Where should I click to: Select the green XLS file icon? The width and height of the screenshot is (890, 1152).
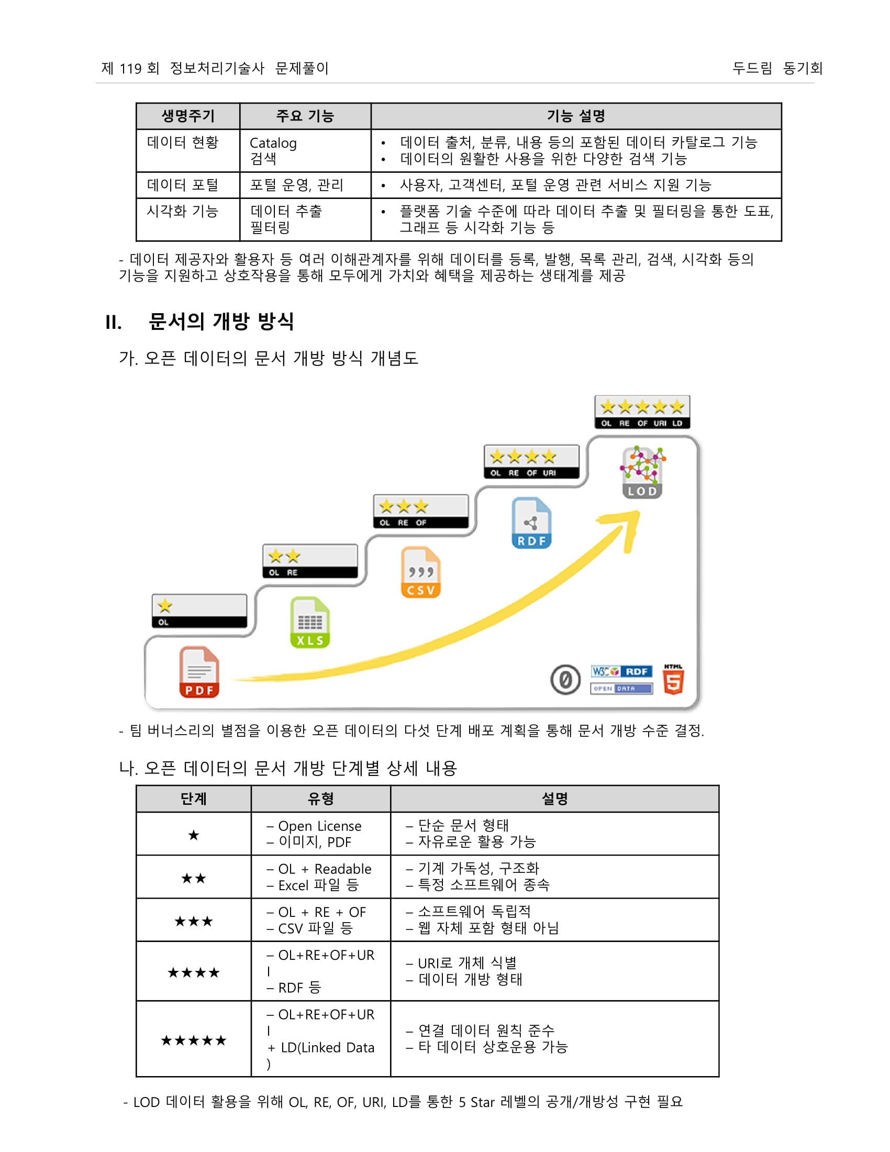[309, 622]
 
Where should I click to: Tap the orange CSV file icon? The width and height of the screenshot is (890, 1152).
[420, 572]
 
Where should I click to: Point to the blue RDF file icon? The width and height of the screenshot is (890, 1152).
[531, 523]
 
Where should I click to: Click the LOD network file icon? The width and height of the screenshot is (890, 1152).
[642, 472]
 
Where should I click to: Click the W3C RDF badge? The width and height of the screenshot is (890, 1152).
[621, 671]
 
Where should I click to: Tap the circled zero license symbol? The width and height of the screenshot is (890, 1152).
[565, 679]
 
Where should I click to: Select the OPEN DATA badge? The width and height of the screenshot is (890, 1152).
[621, 689]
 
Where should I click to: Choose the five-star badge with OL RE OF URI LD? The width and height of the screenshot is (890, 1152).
[642, 412]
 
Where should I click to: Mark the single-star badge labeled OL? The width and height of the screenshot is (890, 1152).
[199, 611]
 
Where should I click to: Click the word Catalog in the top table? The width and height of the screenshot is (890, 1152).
[273, 143]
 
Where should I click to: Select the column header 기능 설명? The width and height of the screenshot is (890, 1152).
[576, 116]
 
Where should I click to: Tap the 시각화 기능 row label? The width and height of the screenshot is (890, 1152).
[182, 212]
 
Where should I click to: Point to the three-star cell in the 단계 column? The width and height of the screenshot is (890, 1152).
[194, 922]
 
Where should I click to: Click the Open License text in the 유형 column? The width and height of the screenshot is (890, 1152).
[319, 826]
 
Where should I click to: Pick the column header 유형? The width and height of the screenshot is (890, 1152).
[320, 799]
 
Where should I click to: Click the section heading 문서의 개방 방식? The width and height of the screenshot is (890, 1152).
[221, 321]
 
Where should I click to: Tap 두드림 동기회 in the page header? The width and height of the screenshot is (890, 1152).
[776, 68]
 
